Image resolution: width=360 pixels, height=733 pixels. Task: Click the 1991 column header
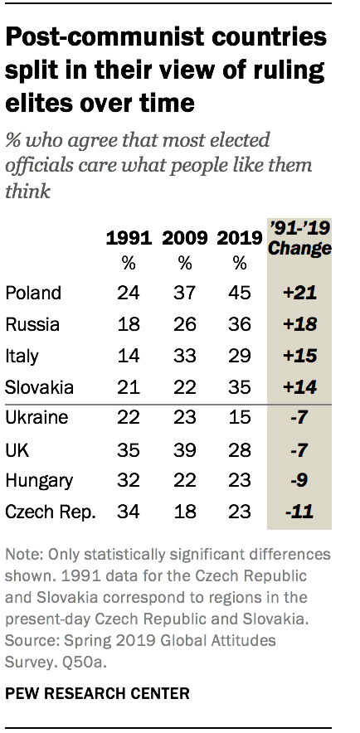tap(129, 239)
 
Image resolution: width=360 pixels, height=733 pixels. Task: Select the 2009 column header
tap(185, 239)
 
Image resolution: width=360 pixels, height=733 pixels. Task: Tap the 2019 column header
tap(240, 239)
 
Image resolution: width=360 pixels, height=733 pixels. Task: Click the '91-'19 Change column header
tap(299, 238)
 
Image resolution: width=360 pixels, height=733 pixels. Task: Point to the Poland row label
tap(33, 293)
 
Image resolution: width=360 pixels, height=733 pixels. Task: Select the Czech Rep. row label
tap(51, 513)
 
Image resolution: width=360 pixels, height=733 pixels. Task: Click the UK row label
tap(17, 450)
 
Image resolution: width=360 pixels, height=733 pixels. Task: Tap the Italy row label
tap(22, 357)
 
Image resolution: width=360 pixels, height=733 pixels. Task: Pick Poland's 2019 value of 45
tap(240, 293)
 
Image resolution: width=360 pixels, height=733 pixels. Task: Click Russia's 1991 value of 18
tap(129, 324)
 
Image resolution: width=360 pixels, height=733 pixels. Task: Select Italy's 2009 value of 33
tap(185, 357)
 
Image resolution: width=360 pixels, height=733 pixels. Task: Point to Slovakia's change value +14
tap(299, 387)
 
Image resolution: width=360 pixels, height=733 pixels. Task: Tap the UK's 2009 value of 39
tap(185, 450)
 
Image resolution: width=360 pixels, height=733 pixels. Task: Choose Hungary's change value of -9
tap(299, 482)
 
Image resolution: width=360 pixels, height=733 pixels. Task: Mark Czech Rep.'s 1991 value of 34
tap(129, 512)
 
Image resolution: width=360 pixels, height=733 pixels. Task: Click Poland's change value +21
tap(299, 293)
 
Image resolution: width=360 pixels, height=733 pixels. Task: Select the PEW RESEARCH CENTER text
tap(97, 693)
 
